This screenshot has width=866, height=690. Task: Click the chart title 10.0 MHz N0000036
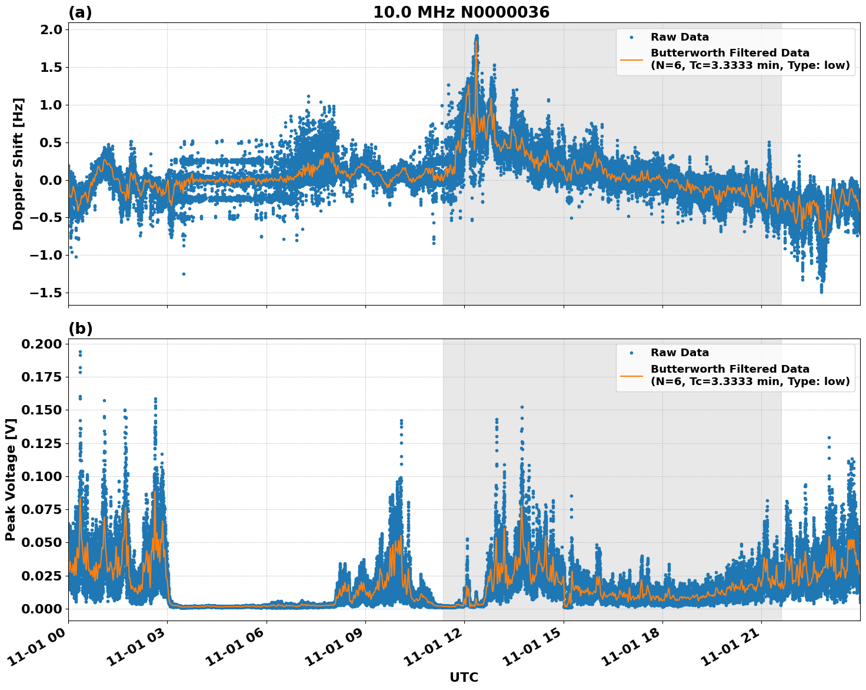(461, 12)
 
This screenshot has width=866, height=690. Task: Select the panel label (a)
(80, 12)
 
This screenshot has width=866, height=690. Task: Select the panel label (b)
(81, 329)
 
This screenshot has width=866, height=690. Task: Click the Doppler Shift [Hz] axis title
(18, 164)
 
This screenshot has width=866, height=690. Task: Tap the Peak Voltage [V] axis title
(10, 479)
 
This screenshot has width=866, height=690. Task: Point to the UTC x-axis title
(464, 677)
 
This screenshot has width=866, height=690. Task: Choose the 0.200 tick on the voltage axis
(41, 344)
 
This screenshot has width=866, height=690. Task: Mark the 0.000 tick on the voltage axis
(41, 608)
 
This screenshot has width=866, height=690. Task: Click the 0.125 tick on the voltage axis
(41, 443)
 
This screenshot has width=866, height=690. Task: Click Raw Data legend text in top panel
(680, 37)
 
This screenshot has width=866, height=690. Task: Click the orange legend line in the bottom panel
(631, 375)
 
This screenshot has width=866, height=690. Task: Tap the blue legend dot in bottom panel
(631, 353)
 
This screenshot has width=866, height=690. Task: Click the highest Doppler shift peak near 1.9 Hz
(477, 36)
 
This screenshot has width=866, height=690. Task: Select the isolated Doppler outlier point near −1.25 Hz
(184, 274)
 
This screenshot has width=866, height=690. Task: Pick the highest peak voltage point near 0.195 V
(80, 352)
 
